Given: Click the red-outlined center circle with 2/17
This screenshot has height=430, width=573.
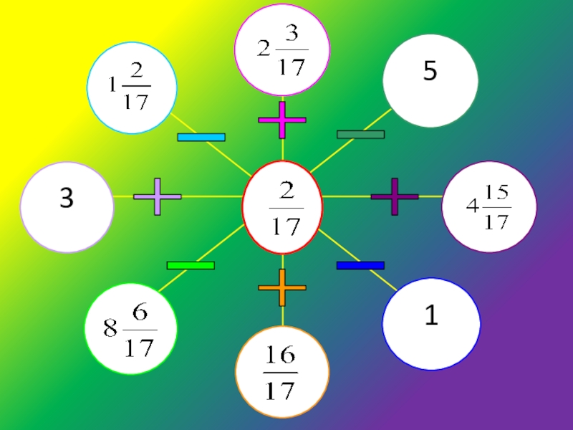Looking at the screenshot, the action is pyautogui.click(x=282, y=208).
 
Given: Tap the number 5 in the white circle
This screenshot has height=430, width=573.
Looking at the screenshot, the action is pyautogui.click(x=430, y=71).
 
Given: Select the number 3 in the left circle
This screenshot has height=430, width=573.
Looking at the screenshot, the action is pyautogui.click(x=66, y=199).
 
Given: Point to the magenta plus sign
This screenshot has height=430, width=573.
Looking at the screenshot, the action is pyautogui.click(x=282, y=120).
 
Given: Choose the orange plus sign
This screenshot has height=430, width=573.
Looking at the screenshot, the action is pyautogui.click(x=282, y=287).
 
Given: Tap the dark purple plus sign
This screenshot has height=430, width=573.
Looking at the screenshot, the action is pyautogui.click(x=395, y=196).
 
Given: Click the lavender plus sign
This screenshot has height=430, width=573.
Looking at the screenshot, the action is pyautogui.click(x=158, y=196).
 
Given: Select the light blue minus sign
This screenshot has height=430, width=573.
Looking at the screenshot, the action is pyautogui.click(x=201, y=137).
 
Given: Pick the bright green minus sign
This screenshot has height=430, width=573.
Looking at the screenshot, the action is pyautogui.click(x=191, y=265).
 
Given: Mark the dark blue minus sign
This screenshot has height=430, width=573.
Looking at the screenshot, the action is pyautogui.click(x=360, y=265).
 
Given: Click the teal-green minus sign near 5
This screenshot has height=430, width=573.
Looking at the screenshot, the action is pyautogui.click(x=360, y=134).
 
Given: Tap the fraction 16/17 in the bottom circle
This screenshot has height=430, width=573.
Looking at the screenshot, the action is pyautogui.click(x=281, y=373).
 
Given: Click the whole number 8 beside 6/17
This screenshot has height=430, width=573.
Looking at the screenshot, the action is pyautogui.click(x=110, y=330).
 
